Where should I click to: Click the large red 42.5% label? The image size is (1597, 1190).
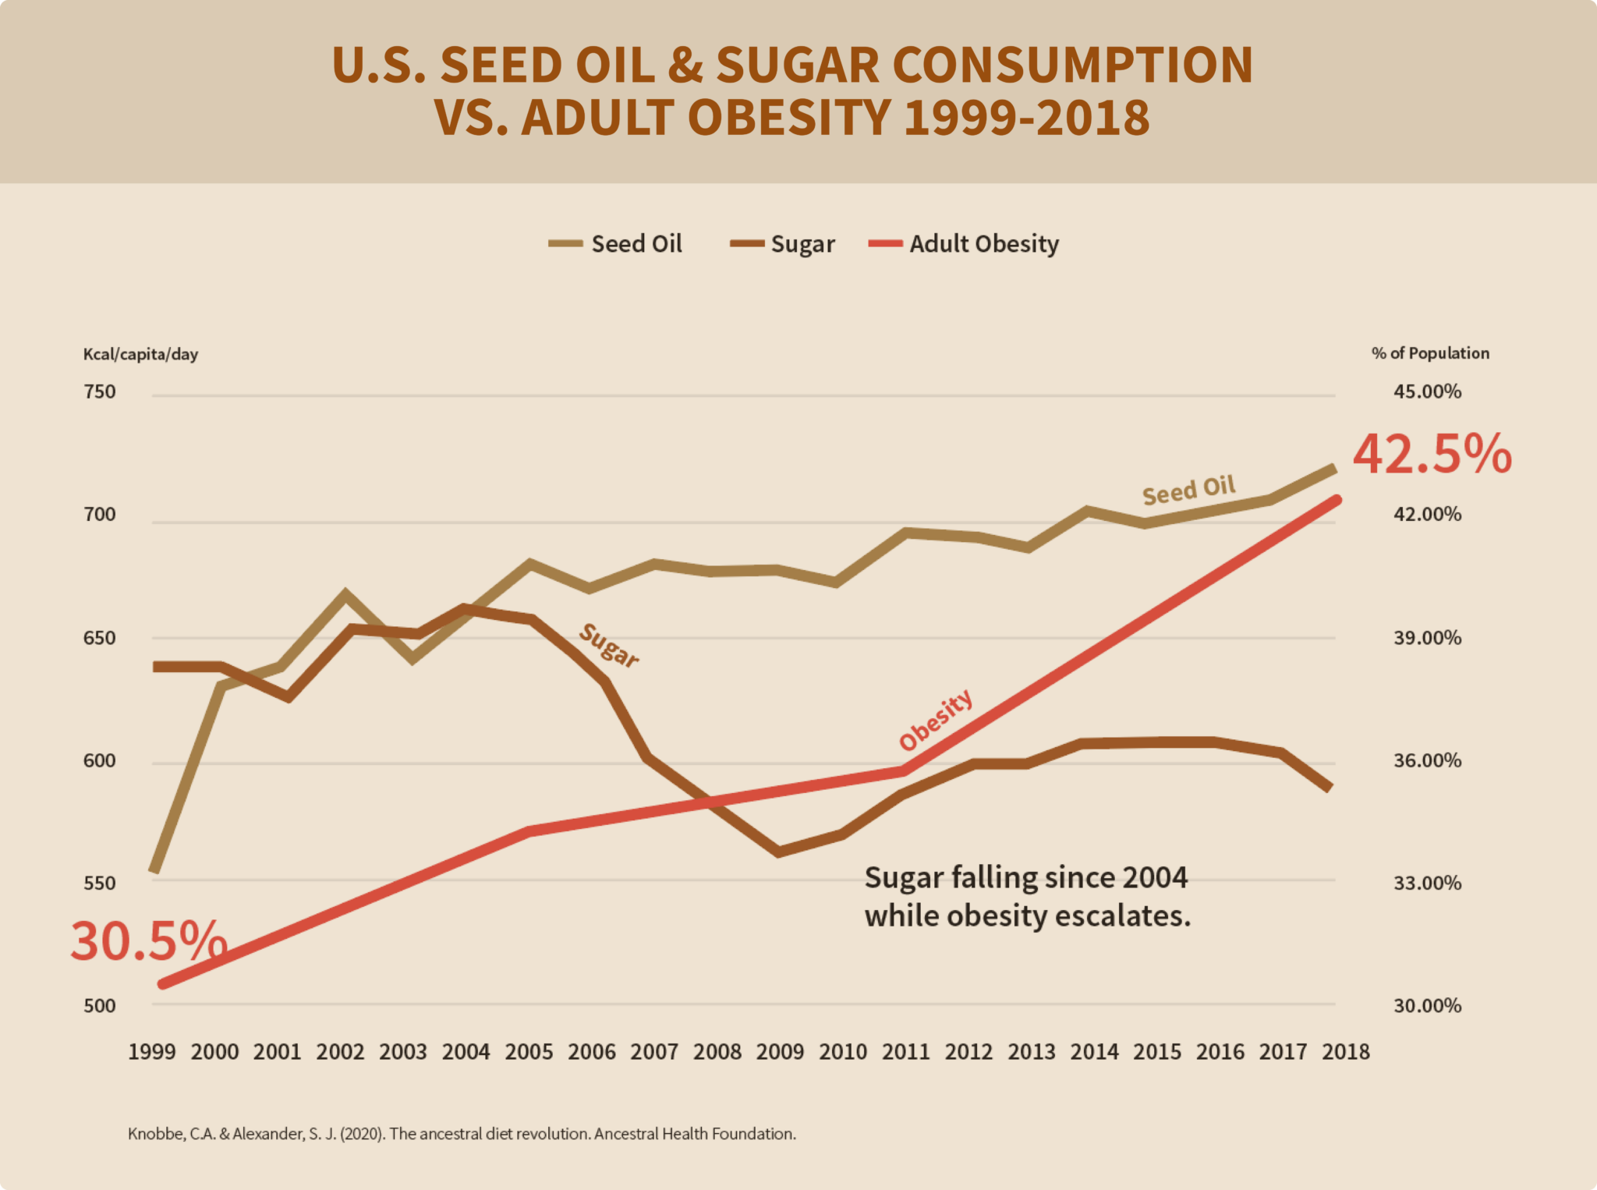[1432, 455]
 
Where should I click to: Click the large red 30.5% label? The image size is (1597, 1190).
[148, 940]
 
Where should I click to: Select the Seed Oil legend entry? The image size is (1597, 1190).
[616, 244]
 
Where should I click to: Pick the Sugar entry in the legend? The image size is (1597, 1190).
[784, 244]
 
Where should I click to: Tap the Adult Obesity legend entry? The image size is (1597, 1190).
[965, 244]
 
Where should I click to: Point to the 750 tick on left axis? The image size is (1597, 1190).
[99, 391]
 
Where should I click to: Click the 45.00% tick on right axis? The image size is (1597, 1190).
[1427, 391]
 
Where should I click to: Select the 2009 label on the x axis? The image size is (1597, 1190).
[780, 1052]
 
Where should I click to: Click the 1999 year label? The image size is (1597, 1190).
[151, 1052]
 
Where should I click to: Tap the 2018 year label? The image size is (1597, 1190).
[1346, 1052]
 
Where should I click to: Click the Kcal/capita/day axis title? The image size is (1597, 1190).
[140, 354]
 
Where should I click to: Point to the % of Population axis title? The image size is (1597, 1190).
[1430, 353]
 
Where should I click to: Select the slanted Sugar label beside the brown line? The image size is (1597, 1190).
[609, 646]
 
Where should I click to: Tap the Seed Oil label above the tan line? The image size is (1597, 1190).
[1188, 490]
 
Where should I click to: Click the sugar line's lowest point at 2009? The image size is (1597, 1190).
[778, 852]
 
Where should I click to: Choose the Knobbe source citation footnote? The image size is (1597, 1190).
[462, 1134]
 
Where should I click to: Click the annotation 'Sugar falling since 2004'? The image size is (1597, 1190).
[1025, 878]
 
